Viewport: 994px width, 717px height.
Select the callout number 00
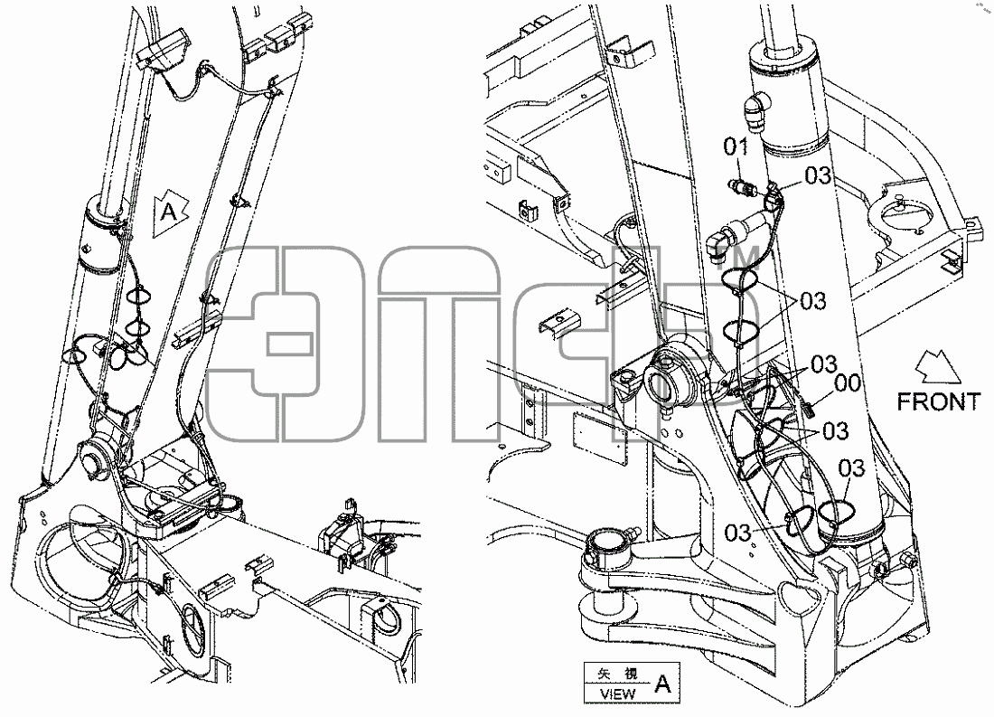pyautogui.click(x=848, y=383)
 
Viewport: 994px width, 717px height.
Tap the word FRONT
pyautogui.click(x=938, y=401)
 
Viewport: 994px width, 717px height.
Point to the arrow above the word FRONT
pyautogui.click(x=938, y=367)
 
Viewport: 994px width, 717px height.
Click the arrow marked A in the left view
pyautogui.click(x=171, y=212)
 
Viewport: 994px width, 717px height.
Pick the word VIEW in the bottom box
pyautogui.click(x=617, y=693)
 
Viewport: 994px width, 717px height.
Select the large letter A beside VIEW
pyautogui.click(x=662, y=684)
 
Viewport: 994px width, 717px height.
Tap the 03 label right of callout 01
pyautogui.click(x=818, y=175)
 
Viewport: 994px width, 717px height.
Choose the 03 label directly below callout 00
pyautogui.click(x=836, y=431)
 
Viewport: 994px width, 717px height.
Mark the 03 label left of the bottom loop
pyautogui.click(x=738, y=533)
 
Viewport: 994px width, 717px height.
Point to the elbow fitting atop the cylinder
pyautogui.click(x=756, y=110)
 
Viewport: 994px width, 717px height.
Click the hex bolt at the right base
pyautogui.click(x=908, y=561)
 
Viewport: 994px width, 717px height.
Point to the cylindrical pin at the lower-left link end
pyautogui.click(x=608, y=546)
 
